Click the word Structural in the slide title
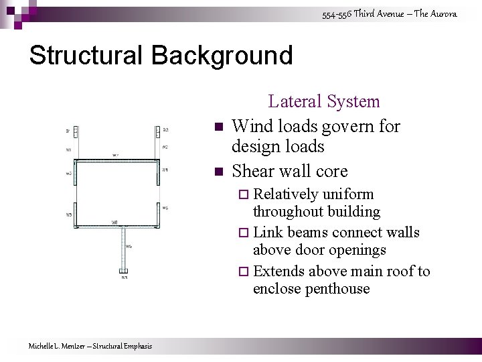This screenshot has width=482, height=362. (83, 55)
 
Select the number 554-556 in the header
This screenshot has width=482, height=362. (336, 14)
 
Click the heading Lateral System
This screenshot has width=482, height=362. (323, 101)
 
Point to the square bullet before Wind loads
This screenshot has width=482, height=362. (218, 127)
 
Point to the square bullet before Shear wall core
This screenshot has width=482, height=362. (218, 172)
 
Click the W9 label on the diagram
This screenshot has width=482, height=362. (129, 246)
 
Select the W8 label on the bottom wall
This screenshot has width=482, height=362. (115, 222)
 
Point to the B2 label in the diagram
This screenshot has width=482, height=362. (165, 130)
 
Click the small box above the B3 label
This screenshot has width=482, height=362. (125, 271)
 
